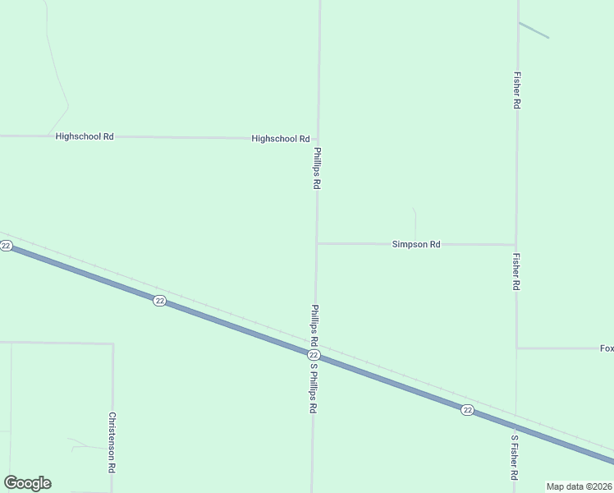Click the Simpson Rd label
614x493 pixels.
click(x=416, y=244)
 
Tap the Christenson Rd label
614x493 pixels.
click(x=111, y=442)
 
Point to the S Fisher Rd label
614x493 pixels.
click(x=515, y=458)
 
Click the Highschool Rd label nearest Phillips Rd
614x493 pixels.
click(x=280, y=139)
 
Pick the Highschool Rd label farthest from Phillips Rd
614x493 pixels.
click(x=84, y=136)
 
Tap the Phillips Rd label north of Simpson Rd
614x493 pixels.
click(x=316, y=168)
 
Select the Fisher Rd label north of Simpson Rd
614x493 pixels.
click(x=516, y=90)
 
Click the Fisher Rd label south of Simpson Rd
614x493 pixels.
click(x=516, y=271)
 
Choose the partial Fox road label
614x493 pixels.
click(x=607, y=348)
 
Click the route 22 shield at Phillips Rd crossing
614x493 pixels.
click(x=313, y=355)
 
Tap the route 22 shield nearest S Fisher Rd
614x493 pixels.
click(x=466, y=410)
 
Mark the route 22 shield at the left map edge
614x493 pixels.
click(x=6, y=246)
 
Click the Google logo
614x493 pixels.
click(x=27, y=483)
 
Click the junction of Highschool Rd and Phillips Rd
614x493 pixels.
click(x=318, y=139)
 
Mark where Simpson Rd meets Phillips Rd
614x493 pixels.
click(x=317, y=243)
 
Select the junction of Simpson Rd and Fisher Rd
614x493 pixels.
click(x=515, y=244)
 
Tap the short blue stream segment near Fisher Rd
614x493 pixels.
click(x=534, y=30)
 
